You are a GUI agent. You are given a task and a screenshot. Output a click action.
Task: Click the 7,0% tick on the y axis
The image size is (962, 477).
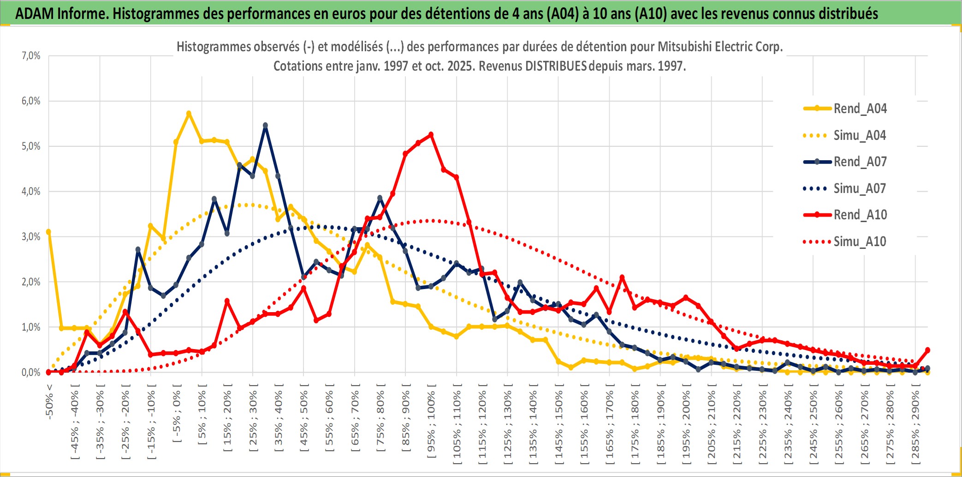click(x=31, y=56)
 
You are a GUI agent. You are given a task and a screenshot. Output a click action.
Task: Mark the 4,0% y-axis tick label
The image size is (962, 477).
click(x=31, y=191)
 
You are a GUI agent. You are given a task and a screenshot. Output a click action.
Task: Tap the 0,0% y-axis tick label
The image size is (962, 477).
click(x=31, y=372)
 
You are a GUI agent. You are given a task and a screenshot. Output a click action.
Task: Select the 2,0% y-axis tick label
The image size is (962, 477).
click(x=31, y=282)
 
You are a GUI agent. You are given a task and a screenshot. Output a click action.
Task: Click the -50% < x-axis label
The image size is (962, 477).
click(x=49, y=402)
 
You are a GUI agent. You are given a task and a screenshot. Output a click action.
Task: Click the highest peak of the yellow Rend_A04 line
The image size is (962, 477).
click(x=189, y=113)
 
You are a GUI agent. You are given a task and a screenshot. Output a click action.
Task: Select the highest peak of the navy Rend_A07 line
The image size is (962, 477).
click(x=265, y=125)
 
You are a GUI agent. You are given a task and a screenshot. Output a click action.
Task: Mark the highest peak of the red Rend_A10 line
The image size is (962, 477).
click(x=431, y=134)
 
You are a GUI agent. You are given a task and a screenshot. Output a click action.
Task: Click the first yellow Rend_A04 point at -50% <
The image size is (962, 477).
click(x=48, y=232)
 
